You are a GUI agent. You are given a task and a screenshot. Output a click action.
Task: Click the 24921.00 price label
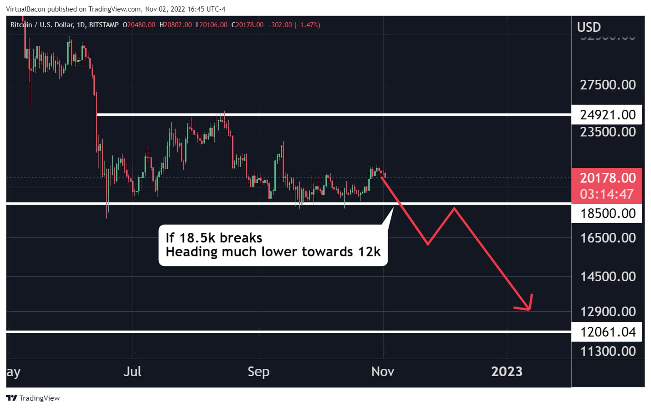tap(607, 115)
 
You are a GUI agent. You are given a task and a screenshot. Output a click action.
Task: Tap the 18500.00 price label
tap(607, 213)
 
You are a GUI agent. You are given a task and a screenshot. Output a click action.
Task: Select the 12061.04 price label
tap(607, 332)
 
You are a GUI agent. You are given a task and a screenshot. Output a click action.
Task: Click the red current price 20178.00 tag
tap(607, 178)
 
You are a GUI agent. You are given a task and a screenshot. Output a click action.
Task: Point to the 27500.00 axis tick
tap(607, 85)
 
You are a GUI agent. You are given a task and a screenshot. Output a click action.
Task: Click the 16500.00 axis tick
tap(607, 238)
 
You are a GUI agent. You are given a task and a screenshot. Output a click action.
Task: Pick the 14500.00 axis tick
tap(607, 277)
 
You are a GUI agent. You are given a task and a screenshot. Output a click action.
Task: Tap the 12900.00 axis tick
tap(607, 312)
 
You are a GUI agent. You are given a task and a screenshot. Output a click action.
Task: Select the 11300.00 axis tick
tap(607, 351)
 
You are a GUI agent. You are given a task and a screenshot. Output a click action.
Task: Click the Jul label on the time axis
tap(133, 372)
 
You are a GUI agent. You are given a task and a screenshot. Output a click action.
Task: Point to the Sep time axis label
tap(258, 372)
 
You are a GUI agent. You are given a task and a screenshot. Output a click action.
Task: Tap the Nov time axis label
tap(383, 372)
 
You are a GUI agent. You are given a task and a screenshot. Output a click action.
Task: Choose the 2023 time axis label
tap(506, 372)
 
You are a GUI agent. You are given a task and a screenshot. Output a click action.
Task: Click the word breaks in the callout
tap(241, 238)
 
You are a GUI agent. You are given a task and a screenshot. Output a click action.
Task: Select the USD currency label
tap(589, 27)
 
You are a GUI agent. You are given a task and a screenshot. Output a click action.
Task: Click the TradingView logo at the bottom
tap(33, 398)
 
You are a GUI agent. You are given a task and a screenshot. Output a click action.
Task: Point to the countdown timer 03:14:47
tap(606, 194)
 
